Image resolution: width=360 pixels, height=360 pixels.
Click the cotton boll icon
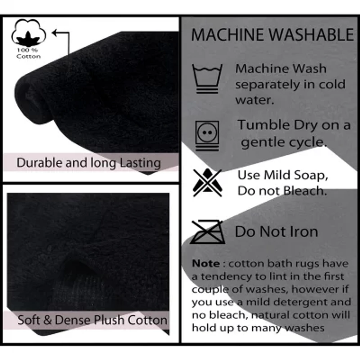point(28,32)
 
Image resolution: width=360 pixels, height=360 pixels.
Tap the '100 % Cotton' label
point(28,53)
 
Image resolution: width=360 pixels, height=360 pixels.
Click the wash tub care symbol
point(207,78)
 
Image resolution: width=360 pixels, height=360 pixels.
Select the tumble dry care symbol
point(207,136)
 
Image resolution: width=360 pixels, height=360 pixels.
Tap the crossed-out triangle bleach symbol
point(207,183)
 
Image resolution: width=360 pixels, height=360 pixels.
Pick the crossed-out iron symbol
point(208,232)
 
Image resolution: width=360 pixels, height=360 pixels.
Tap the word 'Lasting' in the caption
point(140,163)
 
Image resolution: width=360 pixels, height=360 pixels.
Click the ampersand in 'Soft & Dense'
point(48,320)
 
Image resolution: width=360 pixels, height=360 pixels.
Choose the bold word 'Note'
point(206,264)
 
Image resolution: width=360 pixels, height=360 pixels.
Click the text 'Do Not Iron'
point(276,231)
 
